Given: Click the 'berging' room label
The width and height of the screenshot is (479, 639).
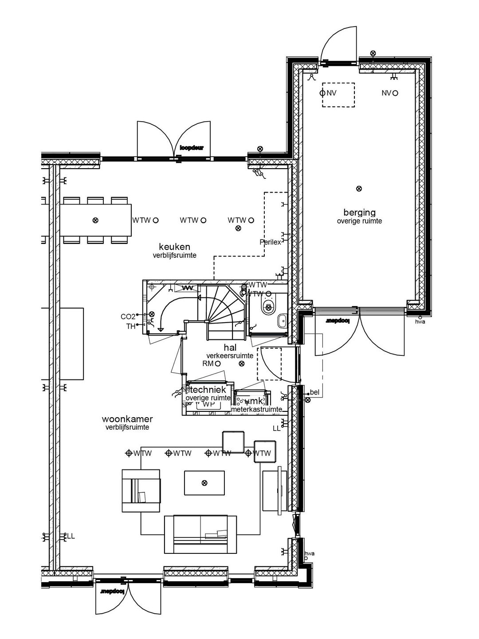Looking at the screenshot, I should pos(359,213).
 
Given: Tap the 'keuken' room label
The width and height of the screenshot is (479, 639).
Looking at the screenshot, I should pos(175,247).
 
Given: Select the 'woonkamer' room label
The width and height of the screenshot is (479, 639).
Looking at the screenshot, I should pos(127,419).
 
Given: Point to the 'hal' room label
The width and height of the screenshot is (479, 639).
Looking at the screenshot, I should pos(230,348).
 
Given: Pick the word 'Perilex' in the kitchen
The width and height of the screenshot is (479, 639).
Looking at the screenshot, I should pos(270,242).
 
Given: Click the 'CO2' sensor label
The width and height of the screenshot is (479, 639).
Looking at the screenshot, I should pos(128,317).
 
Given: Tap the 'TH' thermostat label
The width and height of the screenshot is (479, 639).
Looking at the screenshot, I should pos(131,326).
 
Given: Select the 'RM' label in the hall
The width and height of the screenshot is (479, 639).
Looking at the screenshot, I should pos(208,364).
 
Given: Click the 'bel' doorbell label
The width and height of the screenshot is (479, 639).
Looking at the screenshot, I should pos(315,392).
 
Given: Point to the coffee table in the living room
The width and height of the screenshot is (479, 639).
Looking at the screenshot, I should pos(204,483).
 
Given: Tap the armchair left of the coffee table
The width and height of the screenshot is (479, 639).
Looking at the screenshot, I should pos(141,492).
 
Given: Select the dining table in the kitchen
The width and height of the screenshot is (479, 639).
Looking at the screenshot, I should pos(96,220).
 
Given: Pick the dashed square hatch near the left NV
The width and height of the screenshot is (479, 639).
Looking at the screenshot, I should pos(338,95).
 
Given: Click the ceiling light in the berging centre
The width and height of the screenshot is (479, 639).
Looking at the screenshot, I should pos(359,189).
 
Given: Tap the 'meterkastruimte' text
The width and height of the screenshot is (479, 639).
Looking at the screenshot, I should pos(256,410).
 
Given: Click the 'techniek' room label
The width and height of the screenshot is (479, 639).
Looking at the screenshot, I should pos(208,390).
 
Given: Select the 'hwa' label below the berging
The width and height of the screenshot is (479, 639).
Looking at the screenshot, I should pos(420,322).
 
